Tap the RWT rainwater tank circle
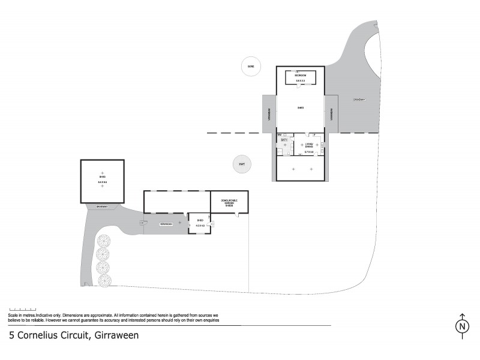tap(242, 164)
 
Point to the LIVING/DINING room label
tap(309, 145)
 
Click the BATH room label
tap(284, 140)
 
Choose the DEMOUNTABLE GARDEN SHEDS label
tap(229, 202)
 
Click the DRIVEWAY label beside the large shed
tap(359, 99)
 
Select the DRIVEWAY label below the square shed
tap(102, 207)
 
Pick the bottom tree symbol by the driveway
tap(104, 280)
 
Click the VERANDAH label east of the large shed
tap(331, 113)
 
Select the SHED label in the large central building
tap(301, 108)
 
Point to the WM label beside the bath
tap(280, 135)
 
